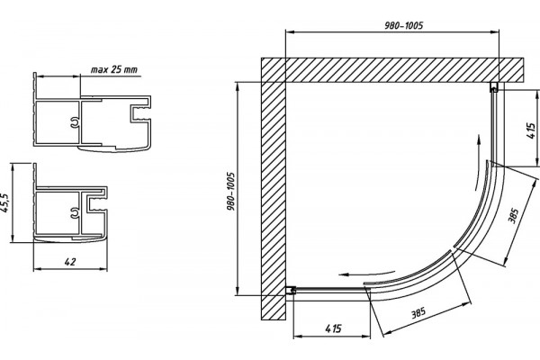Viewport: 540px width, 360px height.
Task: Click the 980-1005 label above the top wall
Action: [403, 25]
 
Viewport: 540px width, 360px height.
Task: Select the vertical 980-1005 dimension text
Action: [231, 192]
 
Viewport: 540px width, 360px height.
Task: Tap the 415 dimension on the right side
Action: [532, 130]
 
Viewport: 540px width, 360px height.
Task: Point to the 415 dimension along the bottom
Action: [333, 328]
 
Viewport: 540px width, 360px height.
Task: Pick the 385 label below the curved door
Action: [418, 313]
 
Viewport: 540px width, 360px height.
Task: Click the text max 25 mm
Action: [113, 69]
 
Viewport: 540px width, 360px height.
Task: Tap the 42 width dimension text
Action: [70, 262]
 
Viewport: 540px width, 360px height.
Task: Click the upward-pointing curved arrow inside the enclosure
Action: [477, 162]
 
